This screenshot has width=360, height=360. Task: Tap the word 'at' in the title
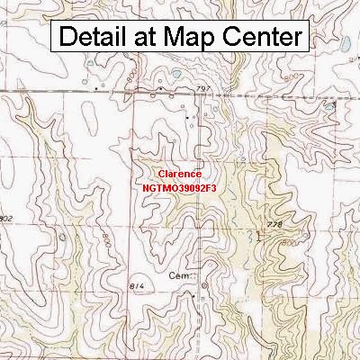coord(147,38)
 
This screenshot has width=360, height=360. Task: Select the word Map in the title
coord(193,38)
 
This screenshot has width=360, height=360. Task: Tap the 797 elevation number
coord(204,89)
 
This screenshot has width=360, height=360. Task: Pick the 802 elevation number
coord(8,219)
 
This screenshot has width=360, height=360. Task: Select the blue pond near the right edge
coord(330,106)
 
